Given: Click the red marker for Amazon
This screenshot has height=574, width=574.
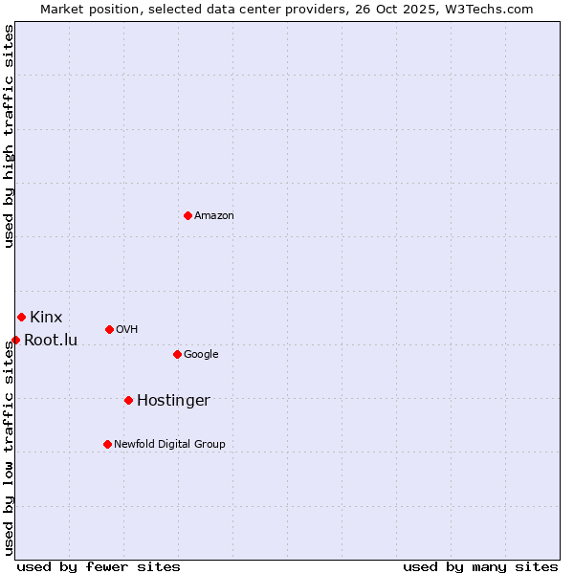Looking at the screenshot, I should [x=188, y=215].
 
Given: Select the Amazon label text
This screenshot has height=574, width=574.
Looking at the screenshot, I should [x=214, y=216].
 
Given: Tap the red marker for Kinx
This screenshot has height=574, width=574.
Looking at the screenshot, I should [x=21, y=317].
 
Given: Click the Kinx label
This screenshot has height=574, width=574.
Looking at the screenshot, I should [x=46, y=318].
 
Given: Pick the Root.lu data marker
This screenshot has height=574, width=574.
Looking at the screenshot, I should [x=15, y=340].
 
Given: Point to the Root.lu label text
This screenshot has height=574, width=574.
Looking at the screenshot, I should [x=51, y=341].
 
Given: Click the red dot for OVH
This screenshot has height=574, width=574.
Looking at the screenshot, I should [x=109, y=329].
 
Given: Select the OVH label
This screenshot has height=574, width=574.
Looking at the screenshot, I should [x=127, y=330].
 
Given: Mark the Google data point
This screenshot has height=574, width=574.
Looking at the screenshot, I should [x=177, y=354].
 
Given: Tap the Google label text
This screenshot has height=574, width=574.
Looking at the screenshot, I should [x=201, y=355].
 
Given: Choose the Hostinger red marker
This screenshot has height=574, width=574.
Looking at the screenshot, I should [x=128, y=400].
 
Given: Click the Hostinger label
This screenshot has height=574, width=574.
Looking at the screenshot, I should [x=173, y=401].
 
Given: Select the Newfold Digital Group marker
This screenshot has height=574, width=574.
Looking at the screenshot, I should [x=107, y=444].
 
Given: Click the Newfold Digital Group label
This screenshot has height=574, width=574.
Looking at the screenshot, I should [x=169, y=445].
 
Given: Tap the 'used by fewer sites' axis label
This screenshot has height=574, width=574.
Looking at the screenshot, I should [x=99, y=566].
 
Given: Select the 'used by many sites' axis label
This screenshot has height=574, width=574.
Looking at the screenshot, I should [x=480, y=566].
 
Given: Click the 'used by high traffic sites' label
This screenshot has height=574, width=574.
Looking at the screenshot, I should [x=9, y=136].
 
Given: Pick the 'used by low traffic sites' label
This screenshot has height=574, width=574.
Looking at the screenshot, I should [x=9, y=448].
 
